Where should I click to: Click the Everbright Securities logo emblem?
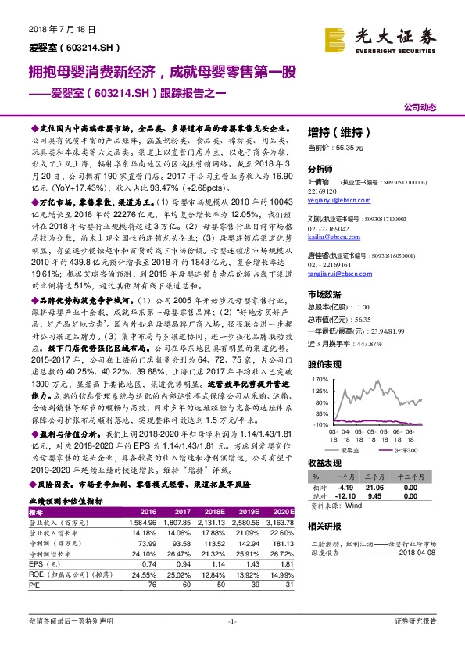tap(335, 36)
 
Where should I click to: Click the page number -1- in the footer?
tap(232, 642)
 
